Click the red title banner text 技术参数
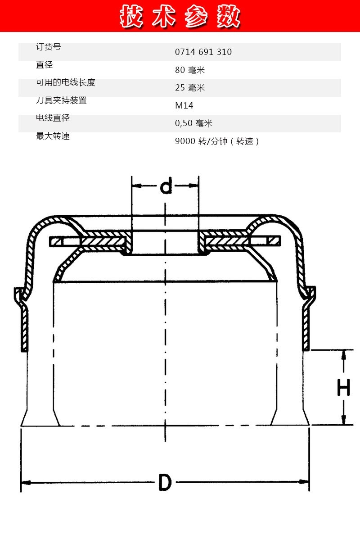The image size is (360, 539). point(180,17)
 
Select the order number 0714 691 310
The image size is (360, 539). point(203,52)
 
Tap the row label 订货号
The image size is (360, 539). point(48,47)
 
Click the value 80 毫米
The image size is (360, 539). point(190,70)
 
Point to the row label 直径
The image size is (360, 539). point(44,65)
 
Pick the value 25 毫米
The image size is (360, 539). point(190,88)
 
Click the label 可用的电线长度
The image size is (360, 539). point(66,83)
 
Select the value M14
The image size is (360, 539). point(184,106)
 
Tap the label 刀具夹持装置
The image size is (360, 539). point(61,100)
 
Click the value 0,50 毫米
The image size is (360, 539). point(193,123)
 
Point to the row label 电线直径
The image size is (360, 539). point(53,118)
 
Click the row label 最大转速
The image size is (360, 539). point(53,136)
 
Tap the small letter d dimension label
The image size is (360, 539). point(166,186)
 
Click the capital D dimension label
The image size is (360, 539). point(165,482)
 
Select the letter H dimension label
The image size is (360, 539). point(344,387)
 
